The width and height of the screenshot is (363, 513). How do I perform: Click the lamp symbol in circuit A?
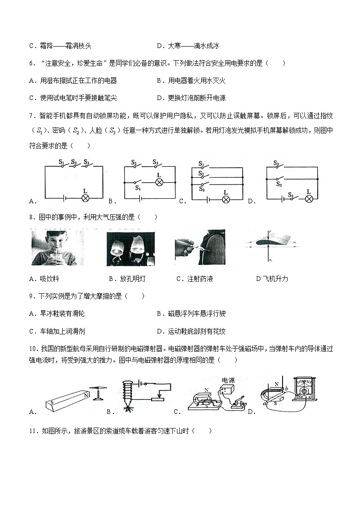pos(85,198)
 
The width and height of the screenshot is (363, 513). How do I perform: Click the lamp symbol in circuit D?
pos(309,198)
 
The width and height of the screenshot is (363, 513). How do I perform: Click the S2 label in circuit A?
pos(74,161)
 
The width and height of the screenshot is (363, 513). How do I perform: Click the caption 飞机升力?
pos(275,279)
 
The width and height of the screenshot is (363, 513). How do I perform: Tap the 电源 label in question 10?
pos(228,380)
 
